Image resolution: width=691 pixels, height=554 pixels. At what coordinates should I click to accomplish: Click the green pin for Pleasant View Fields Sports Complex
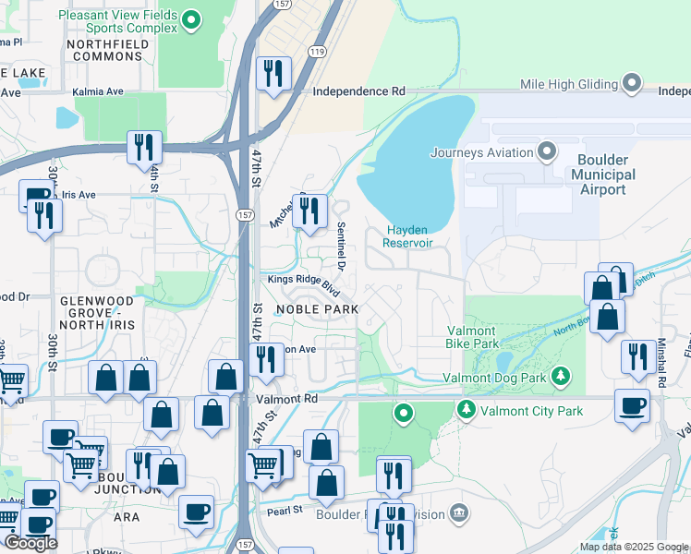pos(192,18)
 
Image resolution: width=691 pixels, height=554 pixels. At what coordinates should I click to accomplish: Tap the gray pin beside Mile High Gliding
pos(633,84)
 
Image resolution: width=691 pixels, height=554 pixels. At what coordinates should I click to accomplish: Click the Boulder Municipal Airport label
pos(604,175)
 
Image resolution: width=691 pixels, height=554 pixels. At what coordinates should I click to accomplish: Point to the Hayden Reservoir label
pos(409,236)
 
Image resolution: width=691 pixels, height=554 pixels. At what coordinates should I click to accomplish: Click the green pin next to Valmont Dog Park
pos(559,377)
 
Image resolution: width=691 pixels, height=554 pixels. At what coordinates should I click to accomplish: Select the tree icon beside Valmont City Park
pos(467,410)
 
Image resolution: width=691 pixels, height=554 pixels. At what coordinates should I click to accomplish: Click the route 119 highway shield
pos(318,54)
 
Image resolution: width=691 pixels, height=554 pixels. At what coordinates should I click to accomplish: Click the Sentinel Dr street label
pos(340,246)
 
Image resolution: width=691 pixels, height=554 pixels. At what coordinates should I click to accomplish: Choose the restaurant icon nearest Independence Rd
pos(273,74)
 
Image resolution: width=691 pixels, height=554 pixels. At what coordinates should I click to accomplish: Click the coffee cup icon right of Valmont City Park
pos(633,405)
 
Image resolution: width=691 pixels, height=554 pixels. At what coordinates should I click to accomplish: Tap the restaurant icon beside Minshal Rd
pos(637,356)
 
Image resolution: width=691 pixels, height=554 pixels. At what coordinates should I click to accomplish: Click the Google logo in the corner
pos(30,543)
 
